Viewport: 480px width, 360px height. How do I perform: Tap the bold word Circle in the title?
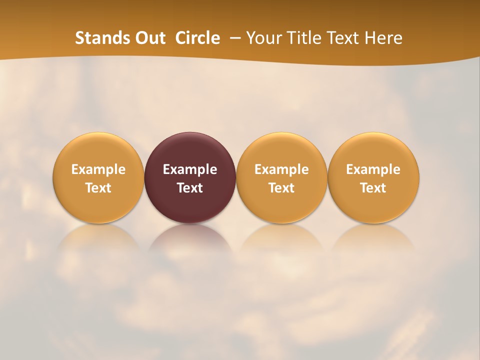click(x=197, y=38)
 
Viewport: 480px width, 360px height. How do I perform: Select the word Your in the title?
click(x=262, y=38)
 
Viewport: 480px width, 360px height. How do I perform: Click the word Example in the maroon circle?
click(x=190, y=169)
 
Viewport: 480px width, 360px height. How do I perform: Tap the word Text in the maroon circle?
click(x=190, y=188)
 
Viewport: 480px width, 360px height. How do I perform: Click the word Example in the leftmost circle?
click(x=98, y=169)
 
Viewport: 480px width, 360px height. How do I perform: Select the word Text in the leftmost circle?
click(x=98, y=188)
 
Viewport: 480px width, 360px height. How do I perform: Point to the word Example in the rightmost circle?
click(x=373, y=169)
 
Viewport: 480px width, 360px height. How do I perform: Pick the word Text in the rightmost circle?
click(x=373, y=188)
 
